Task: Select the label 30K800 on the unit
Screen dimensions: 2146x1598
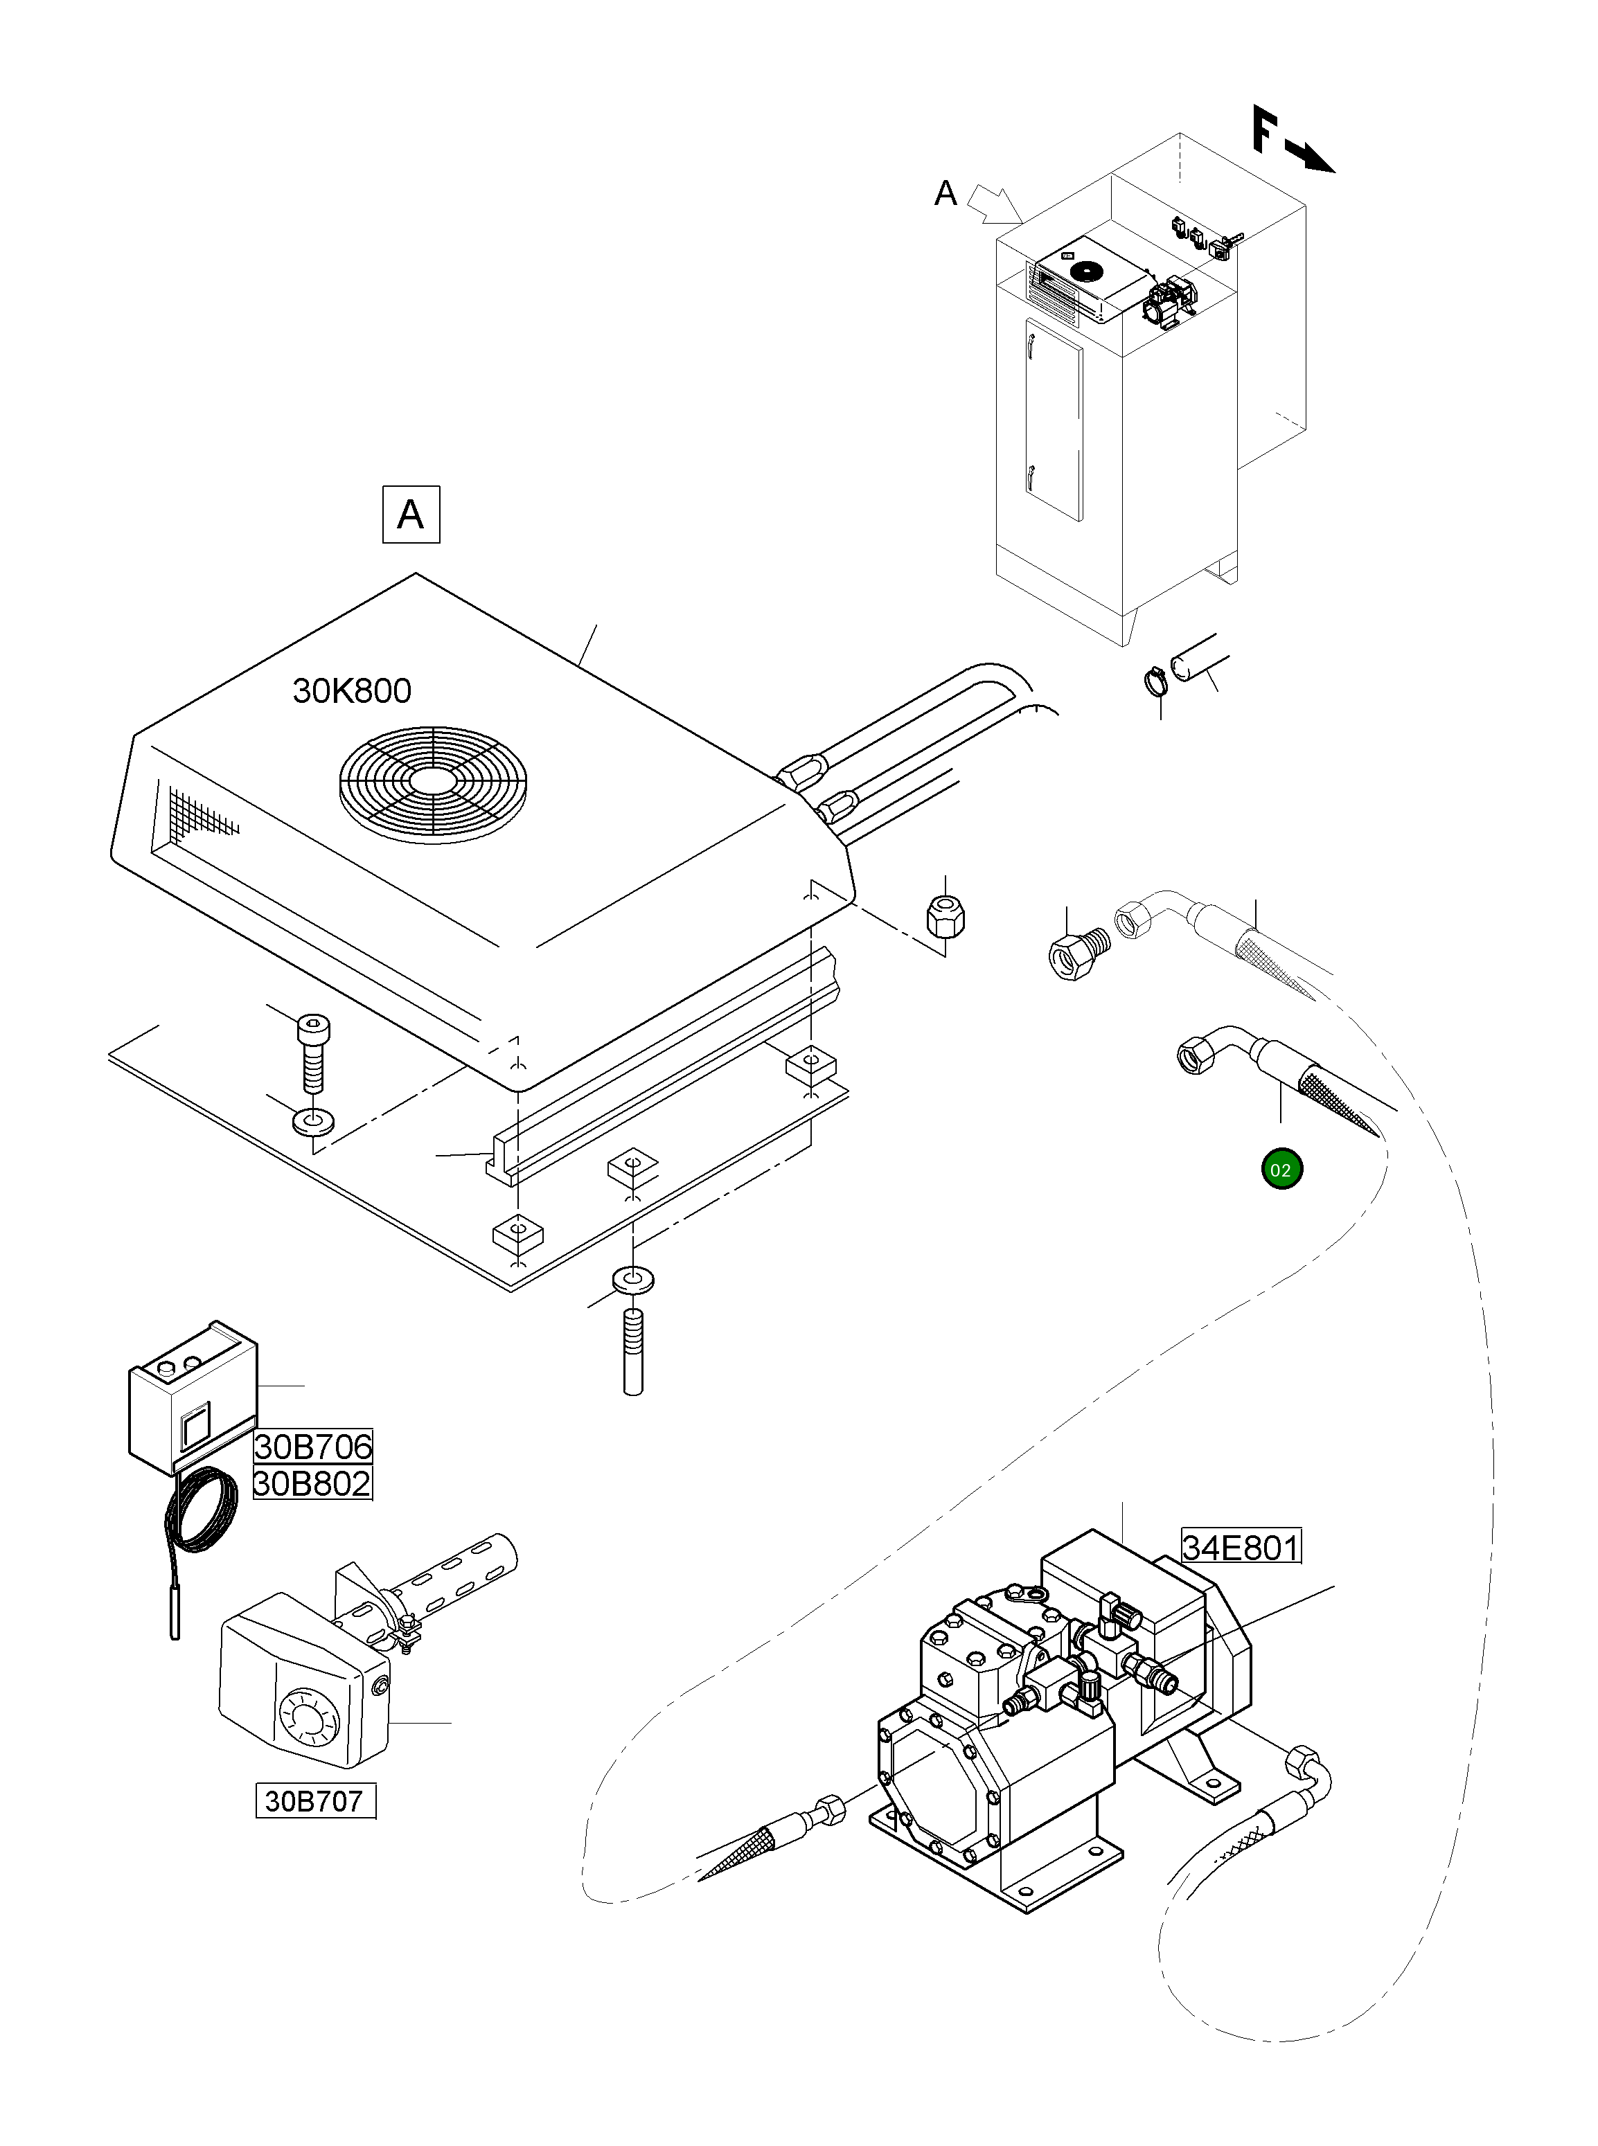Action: pos(352,690)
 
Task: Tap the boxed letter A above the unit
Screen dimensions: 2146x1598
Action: pos(411,515)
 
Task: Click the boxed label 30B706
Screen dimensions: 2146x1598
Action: pos(312,1447)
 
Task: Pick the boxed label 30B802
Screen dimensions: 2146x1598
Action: pos(312,1483)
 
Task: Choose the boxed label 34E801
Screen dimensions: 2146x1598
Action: pos(1241,1548)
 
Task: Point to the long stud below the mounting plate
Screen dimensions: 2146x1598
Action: pos(634,1350)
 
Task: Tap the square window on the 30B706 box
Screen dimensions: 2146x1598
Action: pos(193,1427)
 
